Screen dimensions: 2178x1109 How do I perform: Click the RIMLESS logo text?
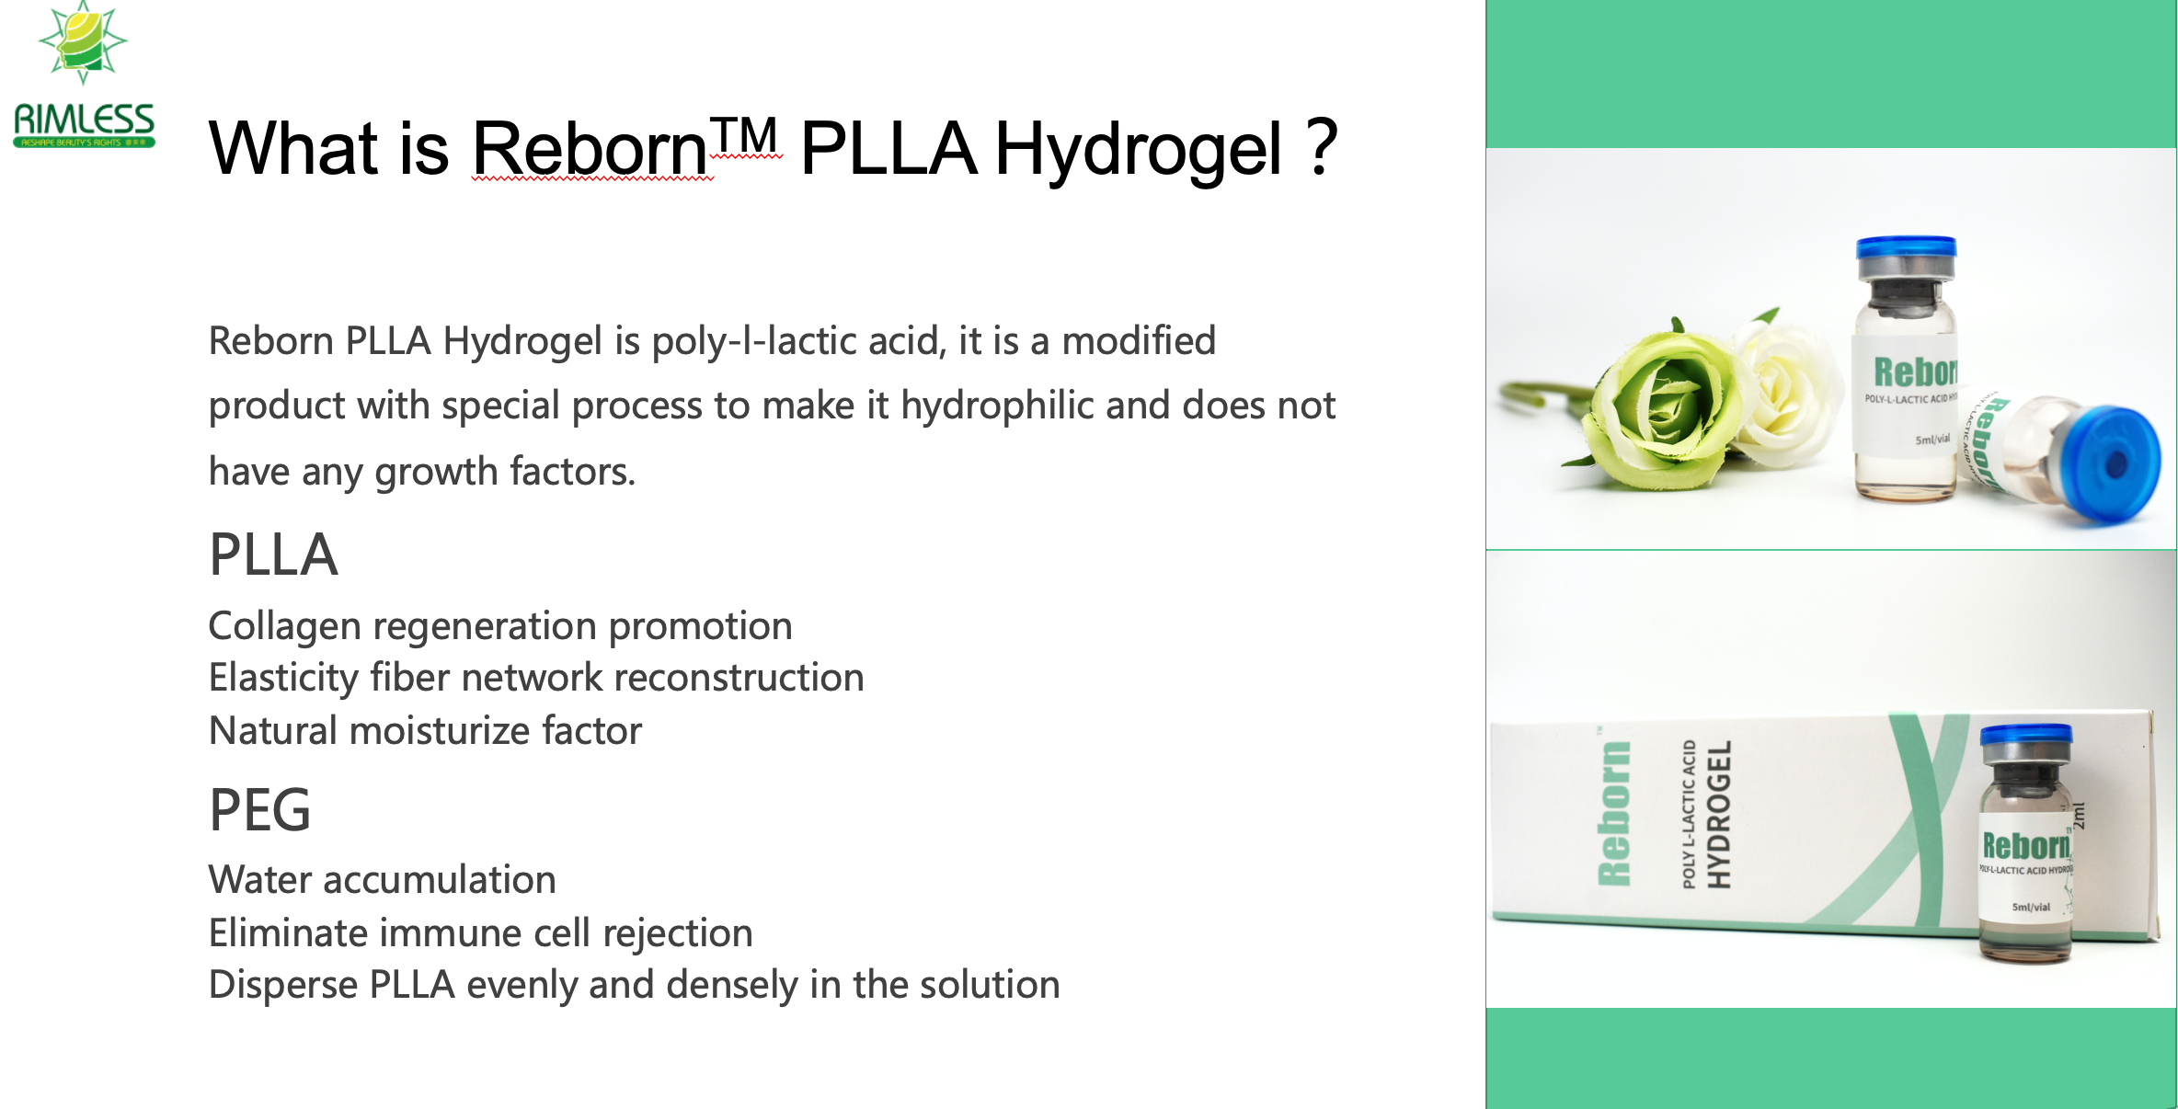[x=84, y=120]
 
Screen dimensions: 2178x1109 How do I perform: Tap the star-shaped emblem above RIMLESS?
[x=83, y=41]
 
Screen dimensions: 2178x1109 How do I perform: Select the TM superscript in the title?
[x=746, y=136]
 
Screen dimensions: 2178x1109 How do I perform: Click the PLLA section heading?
[x=273, y=554]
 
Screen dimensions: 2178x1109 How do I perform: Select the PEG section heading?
[x=260, y=810]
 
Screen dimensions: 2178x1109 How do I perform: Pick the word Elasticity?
[x=283, y=679]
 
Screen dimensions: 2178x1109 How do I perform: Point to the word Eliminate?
[x=289, y=933]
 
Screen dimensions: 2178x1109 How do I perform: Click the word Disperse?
[x=283, y=986]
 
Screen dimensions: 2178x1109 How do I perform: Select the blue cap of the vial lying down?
[x=2112, y=464]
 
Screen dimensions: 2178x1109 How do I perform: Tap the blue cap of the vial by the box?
[x=2026, y=737]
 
